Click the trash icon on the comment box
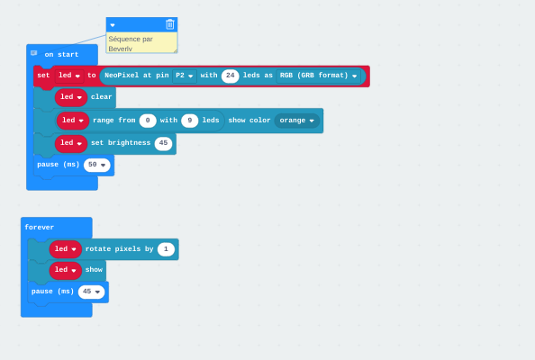click(x=170, y=24)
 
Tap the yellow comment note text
click(x=131, y=43)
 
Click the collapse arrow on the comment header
click(x=113, y=25)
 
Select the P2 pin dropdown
click(x=185, y=76)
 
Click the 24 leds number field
click(x=231, y=76)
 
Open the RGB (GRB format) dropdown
click(x=318, y=76)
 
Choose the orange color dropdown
click(x=297, y=121)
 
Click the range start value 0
click(x=148, y=121)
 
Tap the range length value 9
click(x=190, y=121)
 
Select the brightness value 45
click(x=163, y=143)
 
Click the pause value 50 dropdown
click(x=97, y=165)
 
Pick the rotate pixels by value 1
click(x=166, y=249)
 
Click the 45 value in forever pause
click(x=91, y=292)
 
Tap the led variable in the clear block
click(x=71, y=97)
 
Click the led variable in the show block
click(x=66, y=270)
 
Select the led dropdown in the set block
click(x=69, y=76)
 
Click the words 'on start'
click(x=61, y=55)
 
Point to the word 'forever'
click(x=40, y=228)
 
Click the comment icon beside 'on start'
click(x=34, y=53)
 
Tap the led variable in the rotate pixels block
click(x=66, y=249)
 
